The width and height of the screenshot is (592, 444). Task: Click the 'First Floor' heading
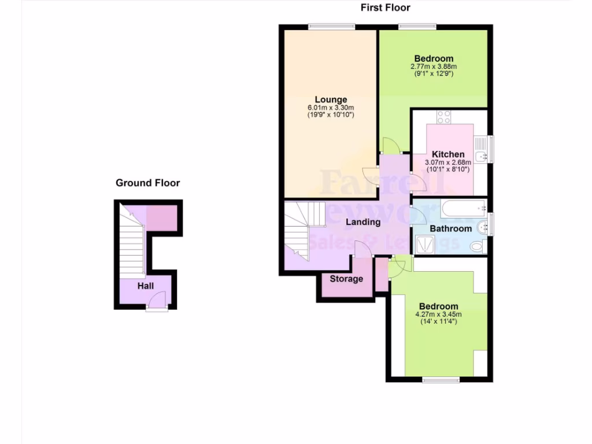pyautogui.click(x=385, y=8)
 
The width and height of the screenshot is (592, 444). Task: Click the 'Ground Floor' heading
pyautogui.click(x=147, y=183)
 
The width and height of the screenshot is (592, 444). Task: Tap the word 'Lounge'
pyautogui.click(x=331, y=99)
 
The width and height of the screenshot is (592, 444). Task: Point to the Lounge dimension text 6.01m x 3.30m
pyautogui.click(x=331, y=108)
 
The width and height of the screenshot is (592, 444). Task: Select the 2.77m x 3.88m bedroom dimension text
pyautogui.click(x=433, y=66)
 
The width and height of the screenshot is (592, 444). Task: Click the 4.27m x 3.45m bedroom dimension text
pyautogui.click(x=439, y=314)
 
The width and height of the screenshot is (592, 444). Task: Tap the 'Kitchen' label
pyautogui.click(x=448, y=154)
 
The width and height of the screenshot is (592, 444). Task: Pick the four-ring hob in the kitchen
pyautogui.click(x=444, y=117)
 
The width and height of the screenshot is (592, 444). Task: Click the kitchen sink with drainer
pyautogui.click(x=481, y=150)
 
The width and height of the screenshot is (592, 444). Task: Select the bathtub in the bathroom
pyautogui.click(x=464, y=208)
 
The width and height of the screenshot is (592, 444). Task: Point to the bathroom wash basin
pyautogui.click(x=484, y=228)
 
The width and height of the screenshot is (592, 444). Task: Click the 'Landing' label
pyautogui.click(x=363, y=222)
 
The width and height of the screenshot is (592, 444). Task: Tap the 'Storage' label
pyautogui.click(x=346, y=279)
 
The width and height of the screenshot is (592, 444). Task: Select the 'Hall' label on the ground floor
pyautogui.click(x=145, y=286)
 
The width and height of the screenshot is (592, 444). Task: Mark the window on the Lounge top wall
pyautogui.click(x=331, y=25)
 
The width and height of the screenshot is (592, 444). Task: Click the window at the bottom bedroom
pyautogui.click(x=440, y=380)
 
